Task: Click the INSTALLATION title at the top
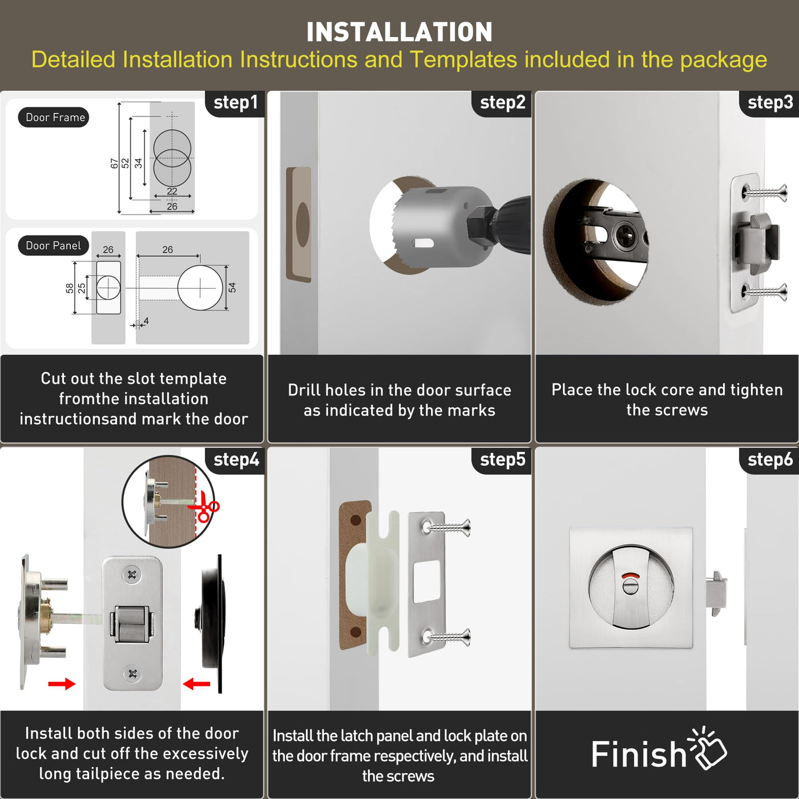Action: tap(399, 32)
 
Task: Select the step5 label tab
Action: tap(502, 460)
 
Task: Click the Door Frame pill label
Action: tap(54, 118)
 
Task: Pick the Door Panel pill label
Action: tap(54, 245)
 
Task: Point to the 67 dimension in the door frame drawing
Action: tap(115, 163)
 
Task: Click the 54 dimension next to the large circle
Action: tap(232, 287)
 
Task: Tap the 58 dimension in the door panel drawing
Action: tap(69, 288)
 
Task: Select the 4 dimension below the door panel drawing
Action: tap(146, 321)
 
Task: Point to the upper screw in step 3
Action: tap(765, 192)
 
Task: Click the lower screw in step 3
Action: tap(765, 292)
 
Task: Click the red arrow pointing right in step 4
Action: tap(62, 683)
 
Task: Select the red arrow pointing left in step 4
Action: tap(196, 683)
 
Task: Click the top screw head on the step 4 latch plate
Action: tap(132, 574)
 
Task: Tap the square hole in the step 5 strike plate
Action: tap(427, 580)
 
